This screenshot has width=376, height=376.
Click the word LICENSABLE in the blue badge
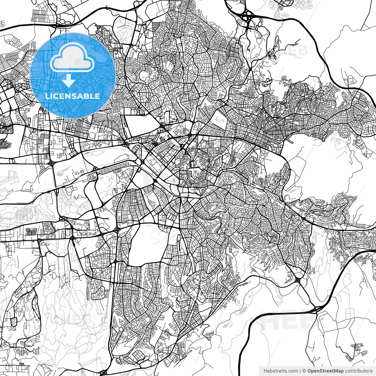(x=73, y=96)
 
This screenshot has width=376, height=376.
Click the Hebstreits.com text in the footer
(x=281, y=371)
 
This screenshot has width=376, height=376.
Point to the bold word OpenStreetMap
(x=325, y=371)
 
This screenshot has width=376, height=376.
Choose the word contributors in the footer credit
(x=358, y=371)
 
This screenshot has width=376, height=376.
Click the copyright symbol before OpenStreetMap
(x=304, y=371)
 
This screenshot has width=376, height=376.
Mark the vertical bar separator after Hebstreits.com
(x=300, y=371)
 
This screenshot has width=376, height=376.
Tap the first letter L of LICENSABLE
(x=48, y=96)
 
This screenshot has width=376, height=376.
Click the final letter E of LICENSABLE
(x=98, y=96)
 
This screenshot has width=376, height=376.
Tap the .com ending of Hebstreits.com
(x=293, y=371)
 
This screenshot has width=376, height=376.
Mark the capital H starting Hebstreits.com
(x=265, y=371)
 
